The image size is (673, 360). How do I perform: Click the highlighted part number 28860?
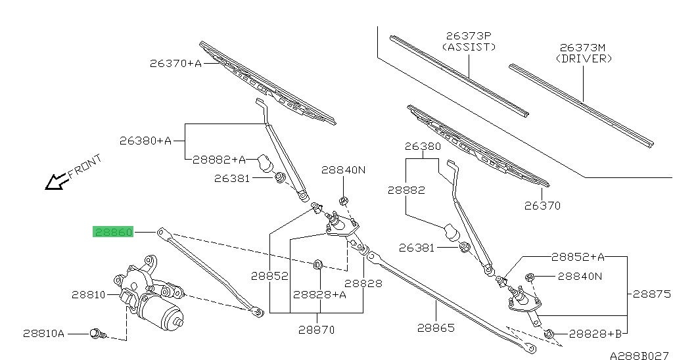[113, 232]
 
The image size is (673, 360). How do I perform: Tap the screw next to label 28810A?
[98, 334]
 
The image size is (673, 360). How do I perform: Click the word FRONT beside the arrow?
[85, 166]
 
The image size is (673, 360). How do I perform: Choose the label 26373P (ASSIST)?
[469, 41]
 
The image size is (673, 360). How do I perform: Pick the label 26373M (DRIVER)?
[584, 53]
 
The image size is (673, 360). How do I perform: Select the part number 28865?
[436, 328]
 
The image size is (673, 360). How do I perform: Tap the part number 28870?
[317, 330]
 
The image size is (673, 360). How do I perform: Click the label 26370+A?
[175, 64]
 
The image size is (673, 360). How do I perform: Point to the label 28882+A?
[219, 160]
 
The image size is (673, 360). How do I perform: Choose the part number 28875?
[651, 294]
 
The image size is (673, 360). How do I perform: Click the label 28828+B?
[595, 334]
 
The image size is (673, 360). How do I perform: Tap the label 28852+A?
[578, 257]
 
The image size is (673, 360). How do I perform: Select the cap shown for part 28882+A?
[266, 162]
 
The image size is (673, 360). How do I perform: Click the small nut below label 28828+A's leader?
[317, 264]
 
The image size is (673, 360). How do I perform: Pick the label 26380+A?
[145, 141]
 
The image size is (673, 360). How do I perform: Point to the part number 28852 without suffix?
[269, 275]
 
